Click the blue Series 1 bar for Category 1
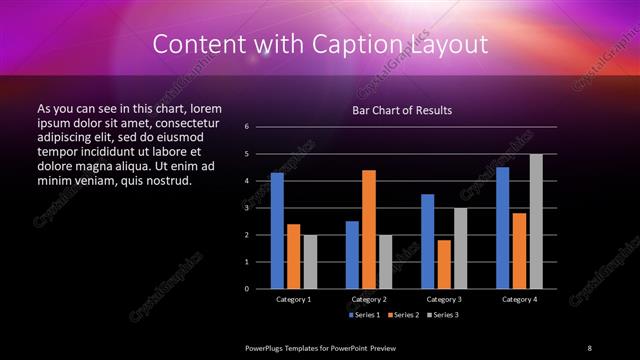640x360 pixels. point(277,231)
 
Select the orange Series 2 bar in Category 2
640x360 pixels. point(368,229)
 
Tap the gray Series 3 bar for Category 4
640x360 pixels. point(536,221)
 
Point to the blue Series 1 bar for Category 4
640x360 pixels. point(502,228)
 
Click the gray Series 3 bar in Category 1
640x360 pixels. point(310,262)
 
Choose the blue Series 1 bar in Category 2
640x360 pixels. point(352,255)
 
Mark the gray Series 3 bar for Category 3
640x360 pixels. point(460,248)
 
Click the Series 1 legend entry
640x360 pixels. point(364,315)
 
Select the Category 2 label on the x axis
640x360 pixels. point(369,299)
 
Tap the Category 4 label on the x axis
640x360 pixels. point(519,299)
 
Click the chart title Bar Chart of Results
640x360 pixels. point(402,109)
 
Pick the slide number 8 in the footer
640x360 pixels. point(589,347)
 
